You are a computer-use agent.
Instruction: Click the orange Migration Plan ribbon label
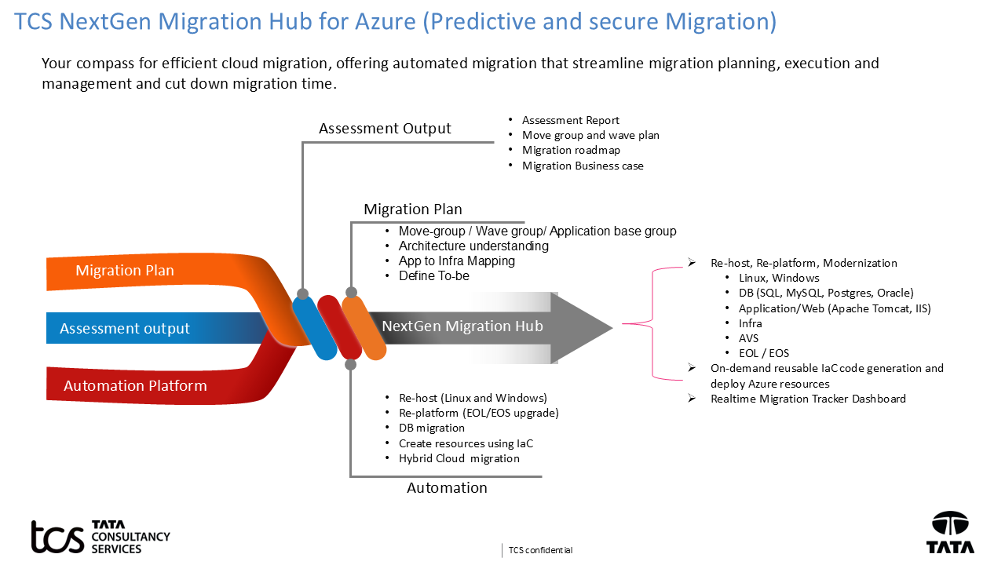coord(125,271)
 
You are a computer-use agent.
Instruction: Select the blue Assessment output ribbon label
coord(125,329)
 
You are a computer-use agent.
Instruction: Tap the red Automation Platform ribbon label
coord(135,386)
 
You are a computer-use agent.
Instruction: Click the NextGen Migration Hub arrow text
coord(462,326)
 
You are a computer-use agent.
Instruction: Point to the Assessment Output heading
coord(385,129)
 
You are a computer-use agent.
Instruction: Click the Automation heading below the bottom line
coord(447,488)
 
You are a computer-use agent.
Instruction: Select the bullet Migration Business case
coord(583,166)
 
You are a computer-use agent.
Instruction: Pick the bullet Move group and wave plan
coord(590,135)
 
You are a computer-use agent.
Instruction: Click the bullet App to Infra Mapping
coord(456,261)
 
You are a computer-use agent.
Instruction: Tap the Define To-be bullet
coord(433,276)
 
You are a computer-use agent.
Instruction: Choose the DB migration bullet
coord(431,428)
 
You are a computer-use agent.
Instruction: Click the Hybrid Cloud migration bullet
coord(459,458)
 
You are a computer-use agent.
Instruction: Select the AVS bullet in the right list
coord(748,338)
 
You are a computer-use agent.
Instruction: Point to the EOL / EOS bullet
coord(764,353)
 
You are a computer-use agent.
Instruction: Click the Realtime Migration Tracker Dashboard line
coord(808,399)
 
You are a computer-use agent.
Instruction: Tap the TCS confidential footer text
coord(540,550)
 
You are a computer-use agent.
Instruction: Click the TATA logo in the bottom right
coord(950,533)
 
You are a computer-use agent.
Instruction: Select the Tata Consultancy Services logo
coord(100,537)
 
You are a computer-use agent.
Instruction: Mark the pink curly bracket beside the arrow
coord(651,323)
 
